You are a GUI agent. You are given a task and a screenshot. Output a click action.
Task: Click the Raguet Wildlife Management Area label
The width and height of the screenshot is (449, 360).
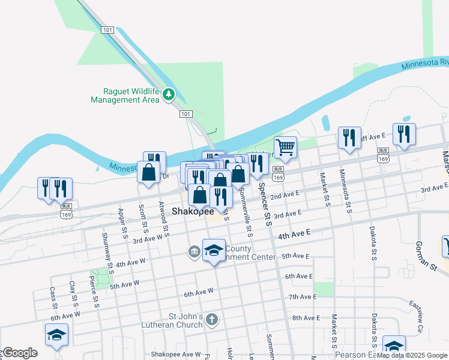click(125, 95)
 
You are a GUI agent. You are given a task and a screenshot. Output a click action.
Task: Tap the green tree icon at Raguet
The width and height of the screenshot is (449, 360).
click(169, 94)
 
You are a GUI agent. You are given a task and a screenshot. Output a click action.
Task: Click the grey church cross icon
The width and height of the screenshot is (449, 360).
click(211, 320)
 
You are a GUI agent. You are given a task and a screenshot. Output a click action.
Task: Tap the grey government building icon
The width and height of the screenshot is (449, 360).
click(194, 250)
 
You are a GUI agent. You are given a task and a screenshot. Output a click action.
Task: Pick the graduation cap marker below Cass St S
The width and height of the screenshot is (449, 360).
click(56, 334)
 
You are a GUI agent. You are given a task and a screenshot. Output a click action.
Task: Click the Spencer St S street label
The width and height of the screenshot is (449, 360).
click(267, 207)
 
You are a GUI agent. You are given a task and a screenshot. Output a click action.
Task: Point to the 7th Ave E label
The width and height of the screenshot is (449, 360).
click(302, 297)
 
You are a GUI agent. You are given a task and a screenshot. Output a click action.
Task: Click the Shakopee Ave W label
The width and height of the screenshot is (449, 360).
click(176, 355)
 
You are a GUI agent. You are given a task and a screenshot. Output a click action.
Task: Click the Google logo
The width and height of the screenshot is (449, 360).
click(20, 353)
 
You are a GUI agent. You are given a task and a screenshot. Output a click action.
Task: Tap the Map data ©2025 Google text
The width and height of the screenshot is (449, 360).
click(412, 355)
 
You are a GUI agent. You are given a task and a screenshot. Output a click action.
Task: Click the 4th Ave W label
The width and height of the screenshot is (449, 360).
click(131, 262)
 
